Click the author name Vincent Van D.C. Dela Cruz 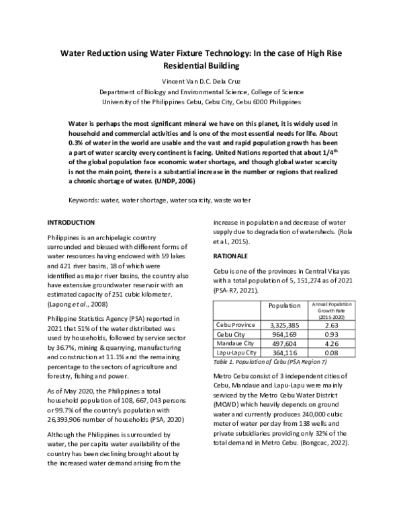(x=201, y=81)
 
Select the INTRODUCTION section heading (x=75, y=223)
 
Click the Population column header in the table (x=284, y=305)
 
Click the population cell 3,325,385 (x=284, y=324)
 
